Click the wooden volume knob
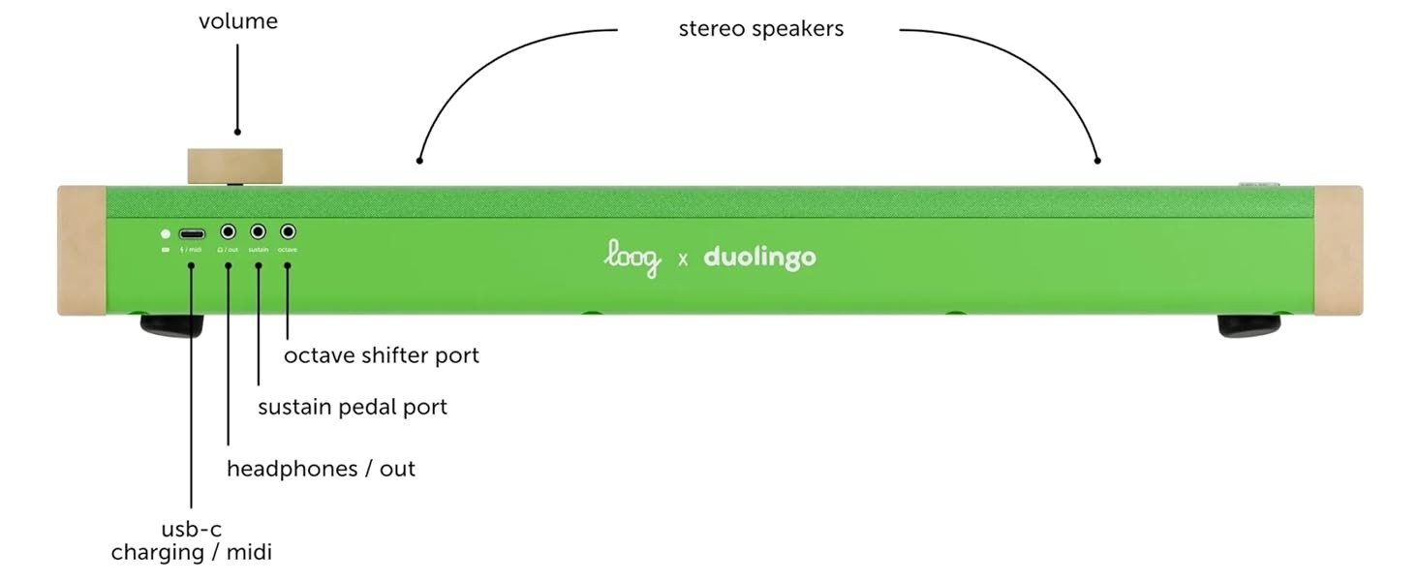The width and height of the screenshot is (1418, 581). pyautogui.click(x=235, y=165)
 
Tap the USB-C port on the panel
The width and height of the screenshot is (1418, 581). pyautogui.click(x=192, y=233)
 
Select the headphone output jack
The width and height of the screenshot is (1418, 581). pyautogui.click(x=229, y=232)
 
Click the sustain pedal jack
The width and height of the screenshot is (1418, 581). pyautogui.click(x=259, y=232)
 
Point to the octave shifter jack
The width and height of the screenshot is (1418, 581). pyautogui.click(x=288, y=232)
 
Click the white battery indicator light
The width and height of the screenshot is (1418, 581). pyautogui.click(x=166, y=233)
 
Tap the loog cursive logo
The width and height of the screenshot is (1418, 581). pyautogui.click(x=632, y=259)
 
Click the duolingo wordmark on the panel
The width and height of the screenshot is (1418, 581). pyautogui.click(x=759, y=259)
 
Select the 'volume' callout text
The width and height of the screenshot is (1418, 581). pyautogui.click(x=237, y=21)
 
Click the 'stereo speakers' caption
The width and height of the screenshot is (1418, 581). pyautogui.click(x=760, y=29)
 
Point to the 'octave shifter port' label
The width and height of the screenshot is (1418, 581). pyautogui.click(x=381, y=355)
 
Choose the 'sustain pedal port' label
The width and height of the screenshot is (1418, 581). pyautogui.click(x=353, y=407)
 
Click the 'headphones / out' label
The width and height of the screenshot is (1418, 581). pyautogui.click(x=321, y=469)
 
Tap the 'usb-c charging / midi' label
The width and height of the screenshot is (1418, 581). pyautogui.click(x=191, y=541)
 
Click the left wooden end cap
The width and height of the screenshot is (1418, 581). pyautogui.click(x=81, y=250)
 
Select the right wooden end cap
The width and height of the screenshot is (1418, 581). pyautogui.click(x=1339, y=250)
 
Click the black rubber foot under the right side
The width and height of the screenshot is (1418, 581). pyautogui.click(x=1248, y=325)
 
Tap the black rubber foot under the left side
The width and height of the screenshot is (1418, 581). pyautogui.click(x=171, y=324)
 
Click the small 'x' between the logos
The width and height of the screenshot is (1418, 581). pyautogui.click(x=683, y=260)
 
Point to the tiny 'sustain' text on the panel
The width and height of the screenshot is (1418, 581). pyautogui.click(x=259, y=250)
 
